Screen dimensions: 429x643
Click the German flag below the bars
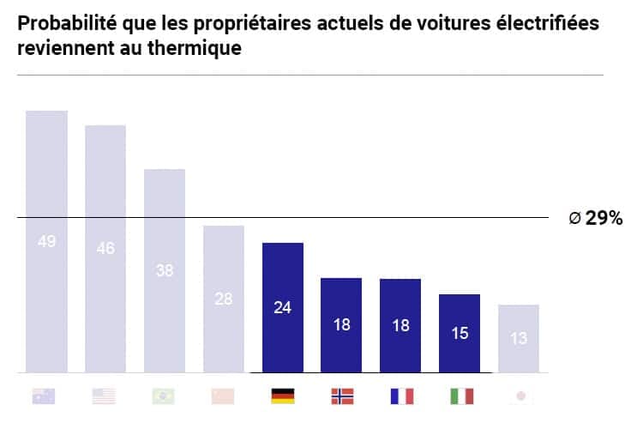(283, 396)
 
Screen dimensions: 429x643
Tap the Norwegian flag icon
(342, 396)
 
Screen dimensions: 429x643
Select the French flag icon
(400, 396)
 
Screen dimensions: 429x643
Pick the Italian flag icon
(460, 396)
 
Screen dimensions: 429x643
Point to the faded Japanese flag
(519, 396)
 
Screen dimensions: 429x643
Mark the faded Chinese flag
(224, 396)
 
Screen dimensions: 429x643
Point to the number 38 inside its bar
(165, 269)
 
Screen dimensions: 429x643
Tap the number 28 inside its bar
(224, 299)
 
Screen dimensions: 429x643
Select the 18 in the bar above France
(400, 325)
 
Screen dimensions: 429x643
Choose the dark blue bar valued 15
(460, 334)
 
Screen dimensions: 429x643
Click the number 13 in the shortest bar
(519, 339)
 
